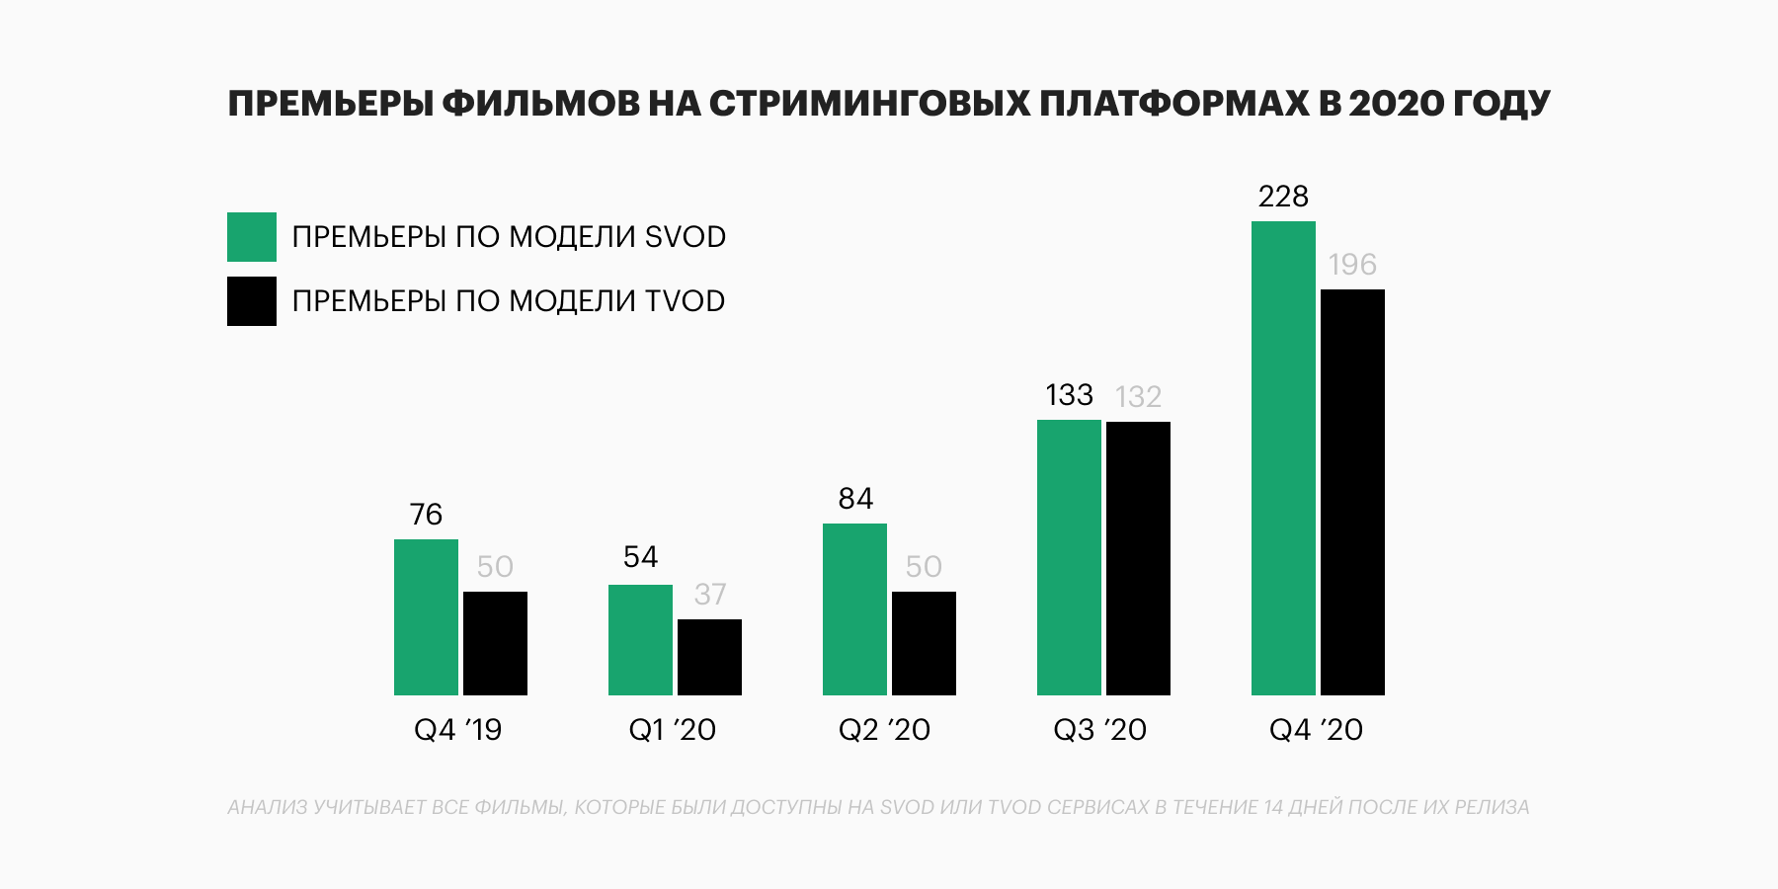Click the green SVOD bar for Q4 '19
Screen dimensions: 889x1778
pos(426,617)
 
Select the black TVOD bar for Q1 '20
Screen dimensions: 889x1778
pos(709,657)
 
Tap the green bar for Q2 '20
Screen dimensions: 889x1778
pos(854,609)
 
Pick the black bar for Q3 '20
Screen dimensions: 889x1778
pos(1138,558)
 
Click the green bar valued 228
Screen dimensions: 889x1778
pos(1283,458)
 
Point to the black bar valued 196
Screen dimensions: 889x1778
pos(1352,492)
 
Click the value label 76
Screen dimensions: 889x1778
pos(426,515)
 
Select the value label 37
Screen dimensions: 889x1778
pos(709,595)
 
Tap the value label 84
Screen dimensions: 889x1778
pos(855,499)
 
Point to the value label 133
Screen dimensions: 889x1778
pos(1069,395)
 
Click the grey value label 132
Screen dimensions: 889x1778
pos(1138,397)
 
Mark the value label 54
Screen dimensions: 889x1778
pos(640,557)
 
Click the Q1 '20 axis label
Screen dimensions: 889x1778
pos(672,730)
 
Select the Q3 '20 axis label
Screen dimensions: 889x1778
pos(1099,730)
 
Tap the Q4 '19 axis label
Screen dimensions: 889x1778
pos(457,730)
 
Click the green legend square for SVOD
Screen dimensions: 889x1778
pos(252,237)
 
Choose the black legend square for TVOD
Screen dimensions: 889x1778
pos(252,301)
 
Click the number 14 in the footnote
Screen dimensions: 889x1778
pos(1273,807)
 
